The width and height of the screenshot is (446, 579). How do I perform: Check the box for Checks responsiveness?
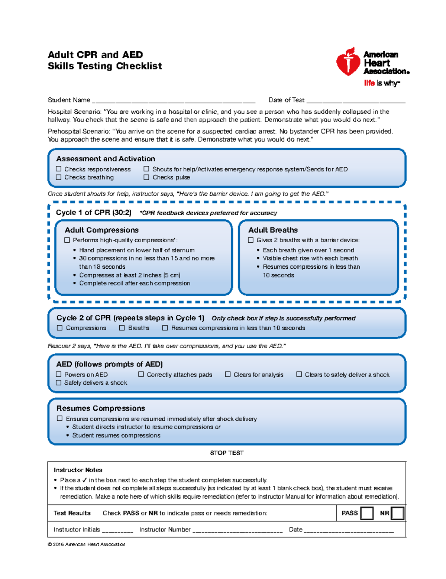click(x=59, y=169)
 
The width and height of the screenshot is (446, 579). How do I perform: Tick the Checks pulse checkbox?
click(x=146, y=177)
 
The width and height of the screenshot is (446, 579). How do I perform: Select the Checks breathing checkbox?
click(x=59, y=177)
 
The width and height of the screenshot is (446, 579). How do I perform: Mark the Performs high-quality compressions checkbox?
click(x=67, y=240)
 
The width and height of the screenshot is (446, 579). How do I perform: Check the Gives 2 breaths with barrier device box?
click(x=251, y=240)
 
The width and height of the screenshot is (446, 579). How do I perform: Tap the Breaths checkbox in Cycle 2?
click(x=122, y=328)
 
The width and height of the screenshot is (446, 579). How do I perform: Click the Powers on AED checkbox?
click(x=59, y=374)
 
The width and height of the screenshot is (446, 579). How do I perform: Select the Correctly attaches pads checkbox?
click(x=141, y=374)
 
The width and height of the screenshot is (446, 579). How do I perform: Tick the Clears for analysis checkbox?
click(x=228, y=374)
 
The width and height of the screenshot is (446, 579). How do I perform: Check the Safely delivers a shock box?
click(x=59, y=383)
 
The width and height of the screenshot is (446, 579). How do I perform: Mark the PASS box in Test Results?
click(x=367, y=513)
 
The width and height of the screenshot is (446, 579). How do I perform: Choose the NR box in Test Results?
click(x=397, y=513)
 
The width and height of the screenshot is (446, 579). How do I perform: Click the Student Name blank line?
click(x=174, y=100)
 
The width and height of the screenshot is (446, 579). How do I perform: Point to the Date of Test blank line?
click(x=356, y=100)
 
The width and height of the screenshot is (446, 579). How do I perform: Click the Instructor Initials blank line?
click(x=117, y=530)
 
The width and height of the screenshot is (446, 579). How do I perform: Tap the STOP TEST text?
click(x=227, y=453)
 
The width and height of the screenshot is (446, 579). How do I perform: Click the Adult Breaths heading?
click(x=273, y=230)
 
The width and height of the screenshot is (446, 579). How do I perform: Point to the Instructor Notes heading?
click(x=78, y=470)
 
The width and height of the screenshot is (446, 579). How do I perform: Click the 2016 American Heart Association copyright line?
click(x=87, y=544)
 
